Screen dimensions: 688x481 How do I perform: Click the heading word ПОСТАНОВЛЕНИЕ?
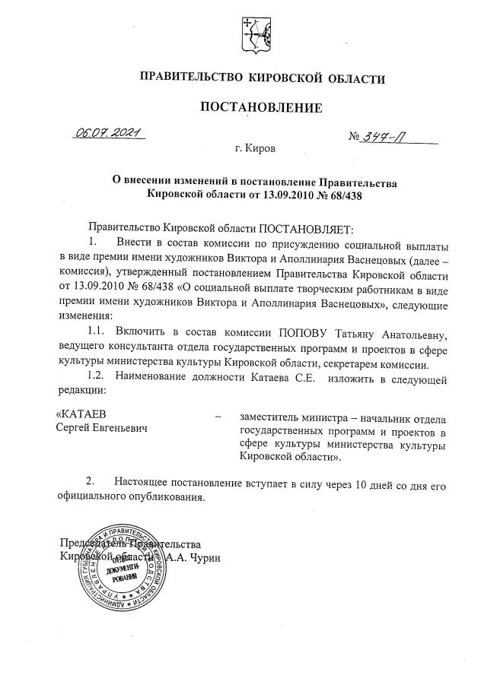click(261, 108)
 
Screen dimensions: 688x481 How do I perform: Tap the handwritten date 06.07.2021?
click(110, 132)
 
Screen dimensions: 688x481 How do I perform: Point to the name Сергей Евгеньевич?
click(104, 429)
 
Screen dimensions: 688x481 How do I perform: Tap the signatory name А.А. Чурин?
click(193, 557)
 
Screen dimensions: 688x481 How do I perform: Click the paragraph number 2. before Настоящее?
click(91, 484)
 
